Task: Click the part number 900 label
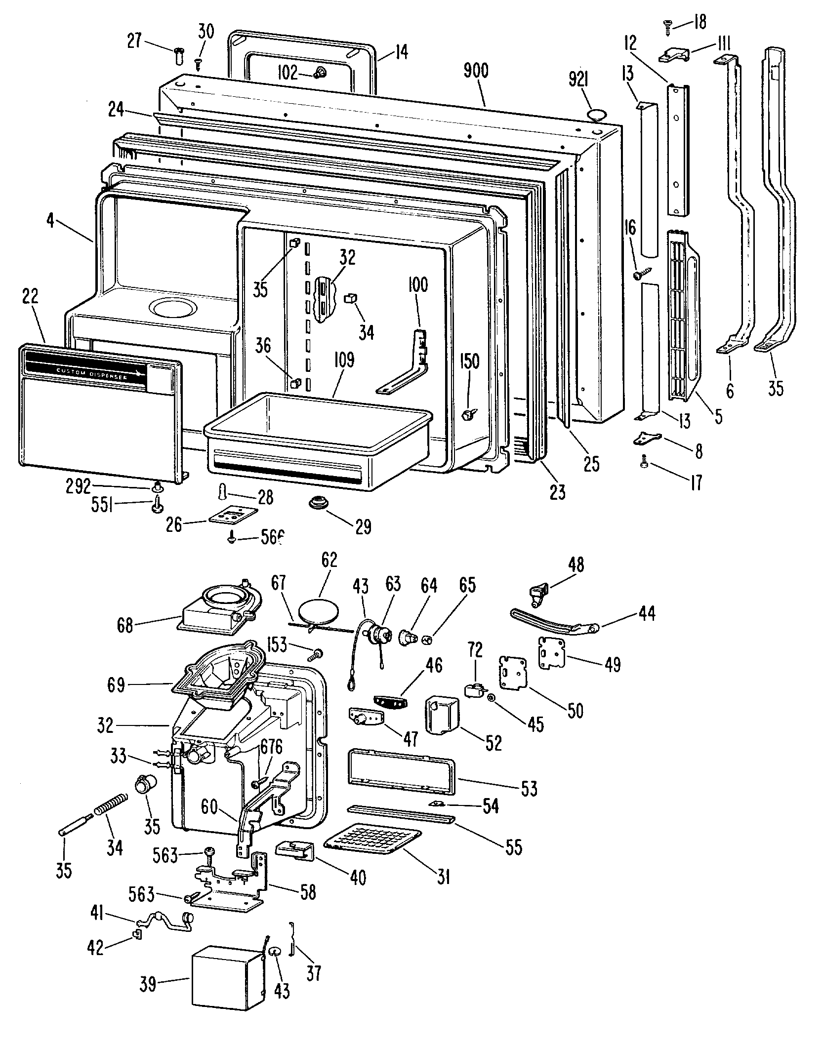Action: point(476,71)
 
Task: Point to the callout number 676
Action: point(271,747)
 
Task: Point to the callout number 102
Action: point(287,74)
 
